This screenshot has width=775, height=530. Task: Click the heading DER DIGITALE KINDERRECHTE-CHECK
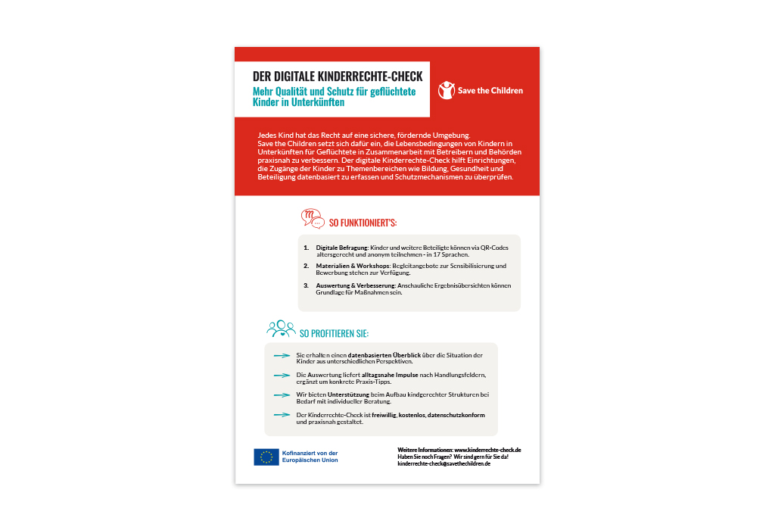pyautogui.click(x=338, y=77)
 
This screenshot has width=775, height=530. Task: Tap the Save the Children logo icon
pyautogui.click(x=447, y=90)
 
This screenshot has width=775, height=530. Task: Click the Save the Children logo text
pyautogui.click(x=490, y=91)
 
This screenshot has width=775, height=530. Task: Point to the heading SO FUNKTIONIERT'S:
pyautogui.click(x=363, y=223)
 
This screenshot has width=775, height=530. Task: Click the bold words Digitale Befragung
pyautogui.click(x=341, y=248)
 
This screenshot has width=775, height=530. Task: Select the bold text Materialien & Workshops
pyautogui.click(x=347, y=266)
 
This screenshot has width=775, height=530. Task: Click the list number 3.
pyautogui.click(x=307, y=285)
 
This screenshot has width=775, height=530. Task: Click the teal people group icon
pyautogui.click(x=281, y=329)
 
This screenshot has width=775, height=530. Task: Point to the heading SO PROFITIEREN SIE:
pyautogui.click(x=334, y=333)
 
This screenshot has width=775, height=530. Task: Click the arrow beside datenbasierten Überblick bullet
pyautogui.click(x=282, y=356)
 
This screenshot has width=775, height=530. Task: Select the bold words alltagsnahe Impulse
pyautogui.click(x=387, y=376)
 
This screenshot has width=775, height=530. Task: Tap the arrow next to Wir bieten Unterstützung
pyautogui.click(x=282, y=395)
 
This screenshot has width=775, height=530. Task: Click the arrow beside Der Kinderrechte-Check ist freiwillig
pyautogui.click(x=282, y=415)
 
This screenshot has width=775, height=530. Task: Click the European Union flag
pyautogui.click(x=266, y=457)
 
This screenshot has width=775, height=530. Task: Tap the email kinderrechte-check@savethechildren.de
pyautogui.click(x=444, y=463)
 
